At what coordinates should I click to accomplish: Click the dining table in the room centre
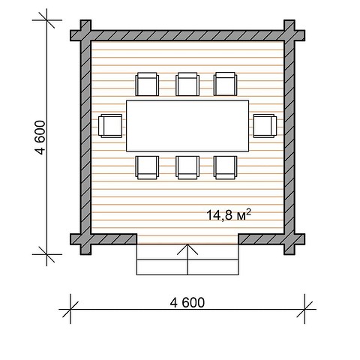pyautogui.click(x=187, y=126)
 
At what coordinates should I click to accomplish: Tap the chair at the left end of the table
pyautogui.click(x=110, y=126)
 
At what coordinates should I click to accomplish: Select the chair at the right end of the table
pyautogui.click(x=265, y=126)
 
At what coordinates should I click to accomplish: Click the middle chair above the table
pyautogui.click(x=187, y=84)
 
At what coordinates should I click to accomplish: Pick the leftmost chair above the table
pyautogui.click(x=147, y=84)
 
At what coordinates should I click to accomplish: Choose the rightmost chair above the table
pyautogui.click(x=225, y=84)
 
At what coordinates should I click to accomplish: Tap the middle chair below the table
pyautogui.click(x=187, y=167)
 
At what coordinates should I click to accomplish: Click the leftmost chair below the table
pyautogui.click(x=147, y=167)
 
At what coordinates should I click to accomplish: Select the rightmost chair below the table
pyautogui.click(x=225, y=167)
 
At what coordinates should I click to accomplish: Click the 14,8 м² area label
pyautogui.click(x=229, y=214)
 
